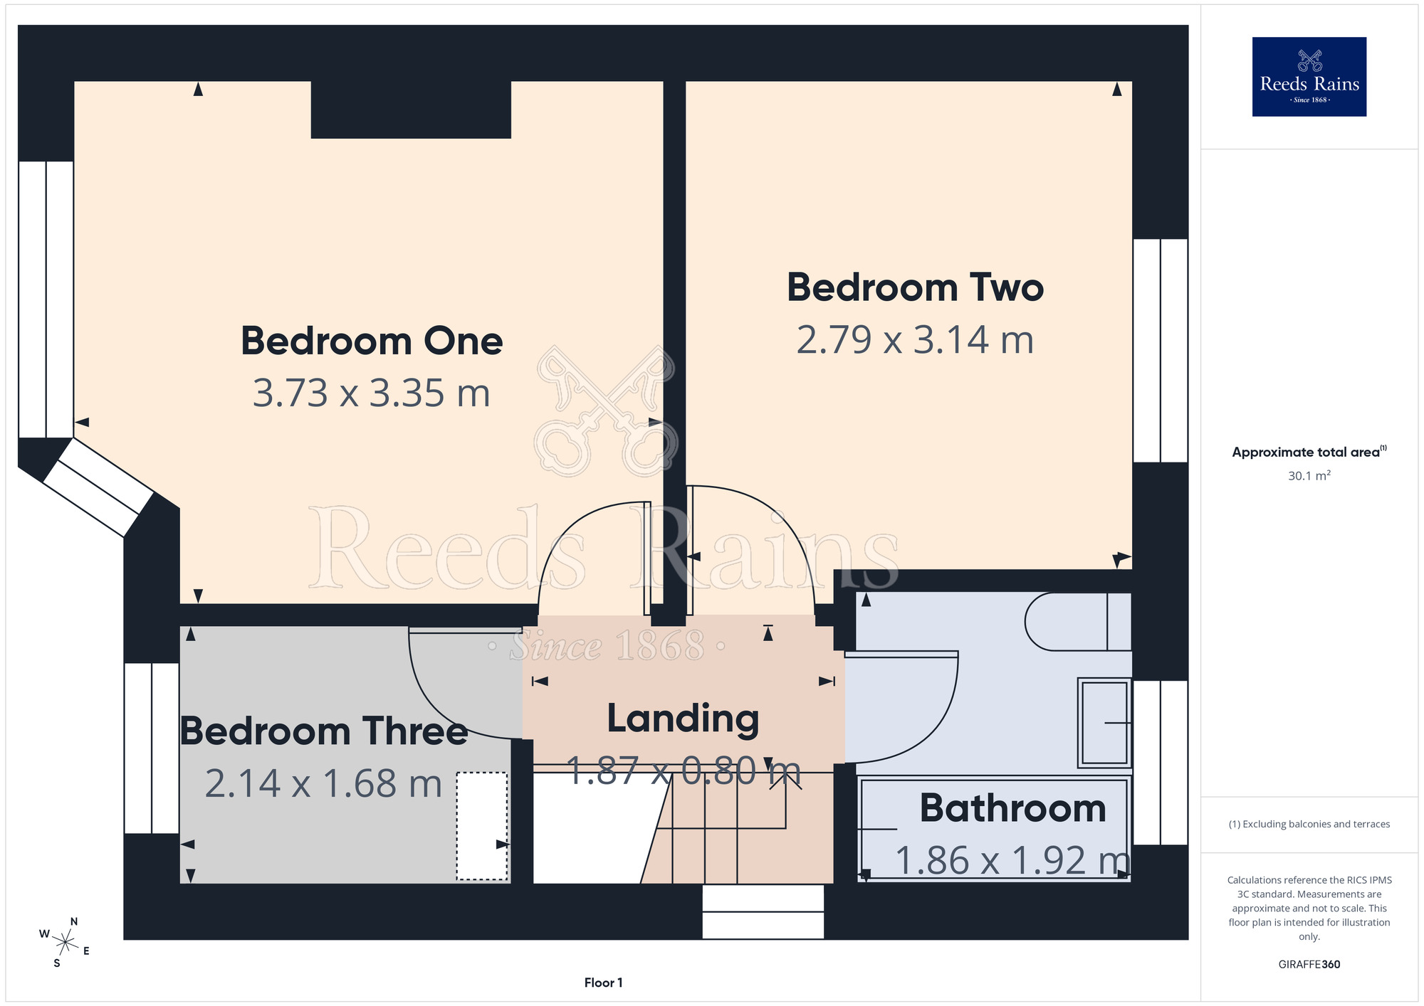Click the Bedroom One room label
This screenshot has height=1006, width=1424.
pyautogui.click(x=372, y=341)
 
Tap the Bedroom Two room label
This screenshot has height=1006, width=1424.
pyautogui.click(x=915, y=287)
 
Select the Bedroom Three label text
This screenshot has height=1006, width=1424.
pyautogui.click(x=324, y=731)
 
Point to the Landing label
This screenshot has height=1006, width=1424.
pyautogui.click(x=683, y=719)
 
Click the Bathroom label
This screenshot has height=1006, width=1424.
pyautogui.click(x=1012, y=808)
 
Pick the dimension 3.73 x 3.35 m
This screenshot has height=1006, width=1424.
pyautogui.click(x=372, y=393)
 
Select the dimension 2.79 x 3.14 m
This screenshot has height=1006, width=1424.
pyautogui.click(x=915, y=339)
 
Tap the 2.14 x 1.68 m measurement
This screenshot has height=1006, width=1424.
pyautogui.click(x=323, y=783)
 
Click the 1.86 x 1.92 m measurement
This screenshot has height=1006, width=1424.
pyautogui.click(x=1012, y=860)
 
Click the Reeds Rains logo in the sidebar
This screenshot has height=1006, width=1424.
pyautogui.click(x=1309, y=77)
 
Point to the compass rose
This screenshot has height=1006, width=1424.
pyautogui.click(x=65, y=943)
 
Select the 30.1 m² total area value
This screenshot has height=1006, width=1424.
pyautogui.click(x=1309, y=475)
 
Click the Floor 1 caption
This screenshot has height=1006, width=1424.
pyautogui.click(x=603, y=983)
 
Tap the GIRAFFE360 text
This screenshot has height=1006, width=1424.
pyautogui.click(x=1309, y=964)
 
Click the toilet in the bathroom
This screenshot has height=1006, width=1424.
pyautogui.click(x=1078, y=622)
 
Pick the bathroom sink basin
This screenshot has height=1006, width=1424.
pyautogui.click(x=1104, y=723)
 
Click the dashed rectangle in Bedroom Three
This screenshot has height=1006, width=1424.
pyautogui.click(x=482, y=826)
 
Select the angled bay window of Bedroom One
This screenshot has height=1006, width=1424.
pyautogui.click(x=98, y=487)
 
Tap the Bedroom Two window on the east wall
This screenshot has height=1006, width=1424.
pyautogui.click(x=1161, y=351)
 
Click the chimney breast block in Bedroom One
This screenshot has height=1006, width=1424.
pyautogui.click(x=411, y=110)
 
